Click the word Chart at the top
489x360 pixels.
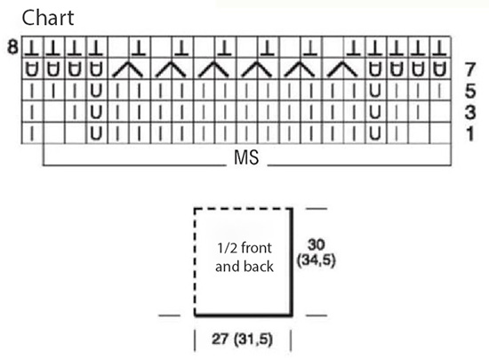48,18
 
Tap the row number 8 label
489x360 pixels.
12,47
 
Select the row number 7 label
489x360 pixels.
470,69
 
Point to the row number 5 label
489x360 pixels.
470,91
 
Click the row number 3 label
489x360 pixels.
470,112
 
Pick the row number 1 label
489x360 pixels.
470,133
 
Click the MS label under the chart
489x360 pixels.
246,157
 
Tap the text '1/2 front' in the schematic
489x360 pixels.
244,248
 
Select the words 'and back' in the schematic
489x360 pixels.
244,267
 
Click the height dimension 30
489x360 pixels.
317,244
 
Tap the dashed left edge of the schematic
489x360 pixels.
195,262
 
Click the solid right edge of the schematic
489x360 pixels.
292,262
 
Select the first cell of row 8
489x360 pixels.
32,47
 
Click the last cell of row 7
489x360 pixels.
440,68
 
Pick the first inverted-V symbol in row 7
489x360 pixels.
127,69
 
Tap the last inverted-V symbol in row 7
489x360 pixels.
342,69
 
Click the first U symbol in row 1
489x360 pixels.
96,133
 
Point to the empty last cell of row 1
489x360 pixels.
440,133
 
